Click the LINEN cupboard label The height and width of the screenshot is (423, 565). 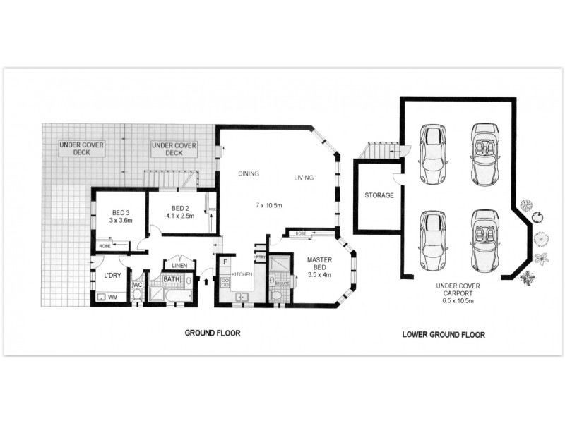pos(179,265)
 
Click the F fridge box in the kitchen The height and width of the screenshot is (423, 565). pos(225,263)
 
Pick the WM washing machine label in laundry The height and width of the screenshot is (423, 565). pos(112,298)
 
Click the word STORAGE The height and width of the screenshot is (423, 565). pos(379,195)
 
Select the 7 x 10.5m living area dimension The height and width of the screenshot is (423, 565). pos(269,205)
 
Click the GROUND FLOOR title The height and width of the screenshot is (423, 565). pos(213,333)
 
